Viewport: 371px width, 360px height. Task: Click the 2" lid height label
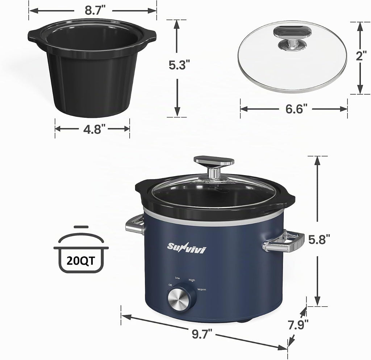coord(361,56)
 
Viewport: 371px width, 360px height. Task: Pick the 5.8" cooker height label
coord(319,240)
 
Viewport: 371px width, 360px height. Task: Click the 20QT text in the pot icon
coord(81,261)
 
